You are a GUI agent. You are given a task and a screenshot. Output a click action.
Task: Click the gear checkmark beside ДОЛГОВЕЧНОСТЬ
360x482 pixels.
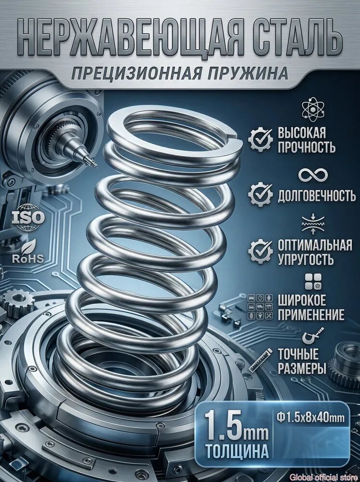260,195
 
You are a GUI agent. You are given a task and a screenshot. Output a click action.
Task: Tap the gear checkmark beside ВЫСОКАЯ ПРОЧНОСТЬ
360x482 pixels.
260,139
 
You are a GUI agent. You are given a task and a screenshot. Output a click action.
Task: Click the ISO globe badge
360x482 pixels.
28,217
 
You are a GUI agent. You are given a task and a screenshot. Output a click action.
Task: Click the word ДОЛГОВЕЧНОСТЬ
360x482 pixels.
317,196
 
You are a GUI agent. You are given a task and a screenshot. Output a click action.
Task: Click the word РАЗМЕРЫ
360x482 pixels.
298,367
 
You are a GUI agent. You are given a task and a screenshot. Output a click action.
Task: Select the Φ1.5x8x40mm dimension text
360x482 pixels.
310,418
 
